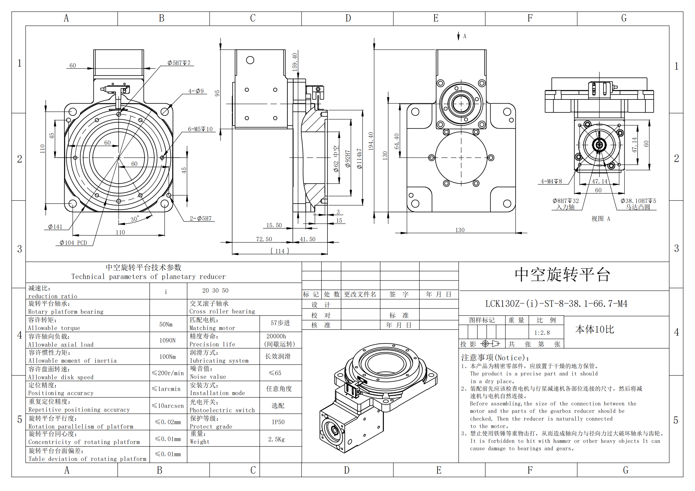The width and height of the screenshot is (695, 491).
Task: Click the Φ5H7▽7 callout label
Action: [179, 63]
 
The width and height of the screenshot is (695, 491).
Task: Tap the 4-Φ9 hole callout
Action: [196, 91]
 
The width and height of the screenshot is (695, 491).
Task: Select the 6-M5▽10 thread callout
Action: [200, 129]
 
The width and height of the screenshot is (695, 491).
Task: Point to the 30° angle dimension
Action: [135, 219]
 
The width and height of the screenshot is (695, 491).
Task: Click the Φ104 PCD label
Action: [73, 243]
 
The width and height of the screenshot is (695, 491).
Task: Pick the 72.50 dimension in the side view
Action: [264, 239]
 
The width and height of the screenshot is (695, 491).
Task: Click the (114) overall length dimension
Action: [279, 251]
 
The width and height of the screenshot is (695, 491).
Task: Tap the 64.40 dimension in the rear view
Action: [397, 141]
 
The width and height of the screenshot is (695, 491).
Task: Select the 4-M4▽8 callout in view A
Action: [551, 181]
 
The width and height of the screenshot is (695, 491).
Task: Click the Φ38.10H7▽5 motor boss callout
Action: [638, 201]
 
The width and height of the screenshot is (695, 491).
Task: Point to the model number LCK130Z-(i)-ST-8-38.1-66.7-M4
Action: [556, 304]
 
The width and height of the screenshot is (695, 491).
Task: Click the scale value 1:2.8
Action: [542, 333]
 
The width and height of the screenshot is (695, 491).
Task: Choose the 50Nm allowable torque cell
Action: [166, 324]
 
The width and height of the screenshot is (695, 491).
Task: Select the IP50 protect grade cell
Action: [278, 422]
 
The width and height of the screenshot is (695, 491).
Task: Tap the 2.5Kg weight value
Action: [276, 439]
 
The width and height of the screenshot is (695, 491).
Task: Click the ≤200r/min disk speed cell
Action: [168, 373]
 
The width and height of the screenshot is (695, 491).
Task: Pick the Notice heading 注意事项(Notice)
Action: [495, 358]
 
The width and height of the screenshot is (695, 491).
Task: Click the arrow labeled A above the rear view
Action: [458, 36]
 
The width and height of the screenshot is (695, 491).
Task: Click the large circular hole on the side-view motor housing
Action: [250, 60]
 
